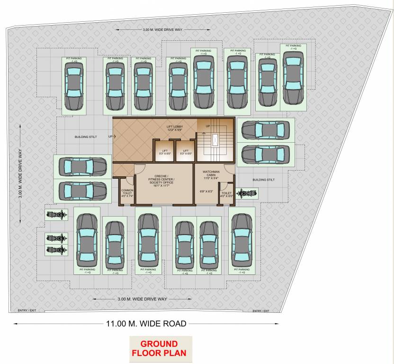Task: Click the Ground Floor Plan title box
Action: pos(161,348)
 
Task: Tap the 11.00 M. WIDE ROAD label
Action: pos(146,324)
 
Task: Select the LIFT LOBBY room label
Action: pos(178,128)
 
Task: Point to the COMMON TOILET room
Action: pos(127,192)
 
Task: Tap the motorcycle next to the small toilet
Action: pos(246,193)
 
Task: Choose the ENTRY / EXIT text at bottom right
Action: pos(261,311)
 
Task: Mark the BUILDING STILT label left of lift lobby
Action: pos(85,137)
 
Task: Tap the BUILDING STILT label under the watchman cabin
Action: pos(263,180)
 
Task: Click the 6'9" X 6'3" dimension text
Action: pos(206,191)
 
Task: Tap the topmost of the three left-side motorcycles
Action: pos(55,214)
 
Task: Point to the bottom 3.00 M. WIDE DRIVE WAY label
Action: pos(142,299)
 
